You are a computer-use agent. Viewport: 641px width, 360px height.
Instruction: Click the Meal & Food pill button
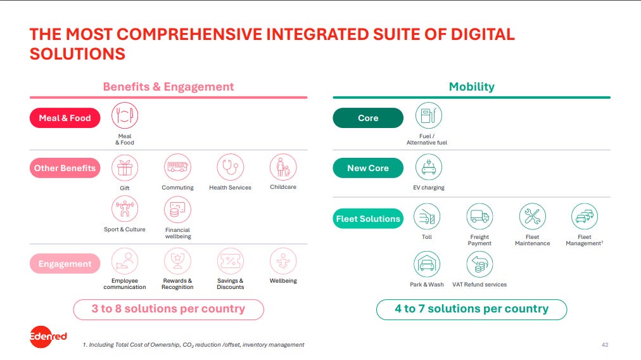pyautogui.click(x=65, y=118)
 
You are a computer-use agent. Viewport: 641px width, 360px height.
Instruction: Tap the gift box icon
pyautogui.click(x=125, y=168)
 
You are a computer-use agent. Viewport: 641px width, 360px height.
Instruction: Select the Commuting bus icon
pyautogui.click(x=177, y=167)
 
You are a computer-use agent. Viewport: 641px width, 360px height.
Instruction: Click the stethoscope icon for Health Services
pyautogui.click(x=230, y=167)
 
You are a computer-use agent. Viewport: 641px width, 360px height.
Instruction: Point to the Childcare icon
pyautogui.click(x=283, y=167)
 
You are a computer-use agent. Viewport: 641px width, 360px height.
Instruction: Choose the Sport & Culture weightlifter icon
pyautogui.click(x=125, y=209)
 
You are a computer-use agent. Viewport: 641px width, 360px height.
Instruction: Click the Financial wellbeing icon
pyautogui.click(x=177, y=209)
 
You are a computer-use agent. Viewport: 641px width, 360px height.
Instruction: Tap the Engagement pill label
pyautogui.click(x=65, y=264)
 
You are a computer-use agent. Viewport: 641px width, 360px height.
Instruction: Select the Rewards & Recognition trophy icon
pyautogui.click(x=177, y=261)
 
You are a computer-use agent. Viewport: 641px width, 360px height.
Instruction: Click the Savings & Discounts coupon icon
pyautogui.click(x=230, y=261)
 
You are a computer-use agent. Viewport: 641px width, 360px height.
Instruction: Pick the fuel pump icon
pyautogui.click(x=428, y=115)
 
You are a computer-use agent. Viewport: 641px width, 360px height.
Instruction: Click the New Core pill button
pyautogui.click(x=368, y=168)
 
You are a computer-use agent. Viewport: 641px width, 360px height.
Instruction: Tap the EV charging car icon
pyautogui.click(x=428, y=167)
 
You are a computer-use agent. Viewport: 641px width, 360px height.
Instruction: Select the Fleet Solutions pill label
pyautogui.click(x=368, y=219)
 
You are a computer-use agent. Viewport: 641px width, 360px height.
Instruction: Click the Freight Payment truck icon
pyautogui.click(x=479, y=216)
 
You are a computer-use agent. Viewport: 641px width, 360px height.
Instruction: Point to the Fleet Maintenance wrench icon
pyautogui.click(x=532, y=216)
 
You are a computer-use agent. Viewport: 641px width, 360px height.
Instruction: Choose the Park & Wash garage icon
pyautogui.click(x=427, y=264)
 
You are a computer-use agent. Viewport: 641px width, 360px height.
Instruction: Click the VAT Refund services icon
pyautogui.click(x=479, y=264)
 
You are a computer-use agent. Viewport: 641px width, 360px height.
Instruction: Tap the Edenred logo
pyautogui.click(x=48, y=337)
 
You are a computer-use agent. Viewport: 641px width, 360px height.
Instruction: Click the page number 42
pyautogui.click(x=605, y=345)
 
